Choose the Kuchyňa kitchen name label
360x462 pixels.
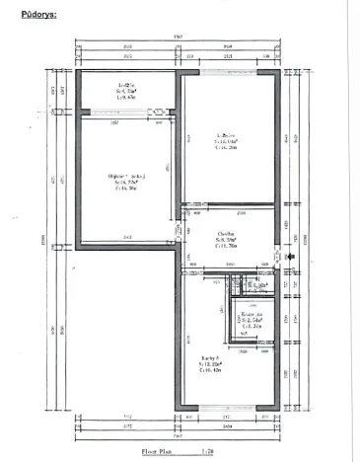click(x=208, y=358)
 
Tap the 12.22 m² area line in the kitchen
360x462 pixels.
click(x=209, y=365)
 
